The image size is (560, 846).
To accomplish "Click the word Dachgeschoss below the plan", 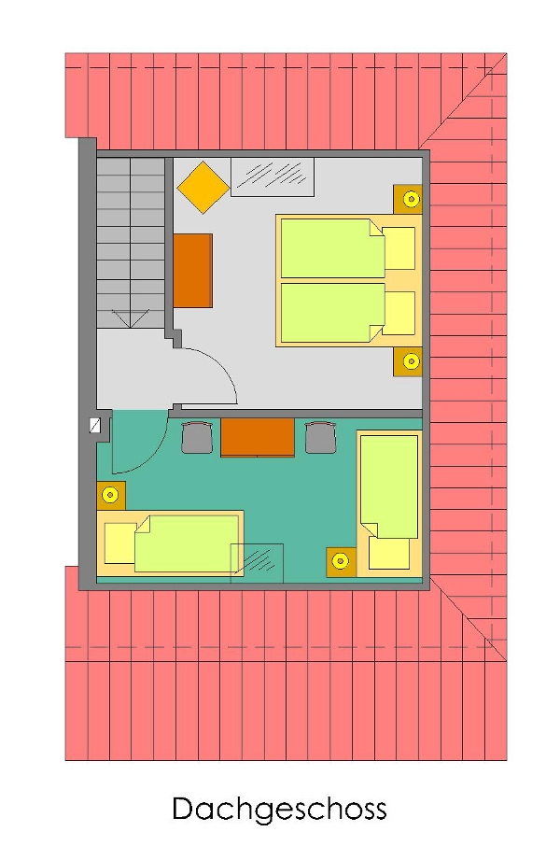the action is [x=279, y=810].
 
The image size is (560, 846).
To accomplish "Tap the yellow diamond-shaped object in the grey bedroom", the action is [x=203, y=187].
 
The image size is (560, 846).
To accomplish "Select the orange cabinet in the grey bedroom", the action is [x=192, y=270].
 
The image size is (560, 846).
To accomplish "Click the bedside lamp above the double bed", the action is [x=411, y=199].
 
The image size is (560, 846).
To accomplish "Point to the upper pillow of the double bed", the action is [x=399, y=248].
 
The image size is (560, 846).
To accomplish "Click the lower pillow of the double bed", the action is [x=399, y=313].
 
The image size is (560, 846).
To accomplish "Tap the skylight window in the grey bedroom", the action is [x=273, y=177].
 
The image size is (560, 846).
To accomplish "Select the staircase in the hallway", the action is [x=131, y=243].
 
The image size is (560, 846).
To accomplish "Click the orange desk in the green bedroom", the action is [x=258, y=438].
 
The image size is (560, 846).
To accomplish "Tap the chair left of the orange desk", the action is [x=197, y=437].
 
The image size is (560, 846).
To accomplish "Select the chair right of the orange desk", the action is [x=320, y=437].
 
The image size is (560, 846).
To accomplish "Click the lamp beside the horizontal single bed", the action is [x=111, y=495].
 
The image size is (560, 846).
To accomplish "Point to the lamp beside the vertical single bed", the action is [x=341, y=562].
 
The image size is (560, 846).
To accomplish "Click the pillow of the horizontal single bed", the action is [x=120, y=543].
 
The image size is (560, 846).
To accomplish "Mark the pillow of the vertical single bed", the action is [x=388, y=553].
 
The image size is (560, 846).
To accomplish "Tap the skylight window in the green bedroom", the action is [x=258, y=563].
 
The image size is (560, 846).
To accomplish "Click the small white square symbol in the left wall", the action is [x=95, y=426].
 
